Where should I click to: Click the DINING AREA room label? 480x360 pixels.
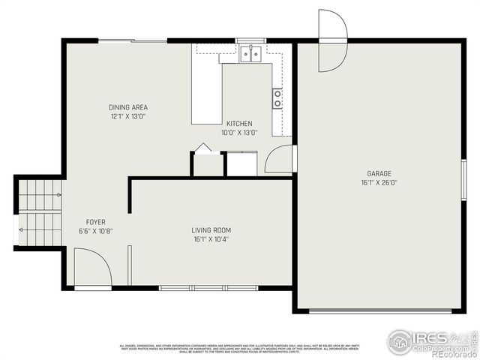tap(127, 107)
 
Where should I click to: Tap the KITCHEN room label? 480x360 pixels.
tap(239, 123)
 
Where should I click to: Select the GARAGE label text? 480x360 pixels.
tap(379, 173)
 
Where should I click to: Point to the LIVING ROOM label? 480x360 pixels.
tap(211, 230)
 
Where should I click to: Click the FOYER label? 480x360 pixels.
tap(95, 222)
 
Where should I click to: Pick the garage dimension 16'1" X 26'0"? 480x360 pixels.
tap(379, 182)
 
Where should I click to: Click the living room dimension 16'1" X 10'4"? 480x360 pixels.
tap(211, 239)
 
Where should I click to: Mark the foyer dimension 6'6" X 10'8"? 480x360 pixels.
tap(95, 231)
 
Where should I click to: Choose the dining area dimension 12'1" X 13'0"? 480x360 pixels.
tap(127, 116)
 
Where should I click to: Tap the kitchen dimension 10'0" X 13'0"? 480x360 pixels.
tap(239, 132)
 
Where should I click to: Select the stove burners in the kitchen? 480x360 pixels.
tap(277, 97)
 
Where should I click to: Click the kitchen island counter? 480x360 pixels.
tap(206, 94)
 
